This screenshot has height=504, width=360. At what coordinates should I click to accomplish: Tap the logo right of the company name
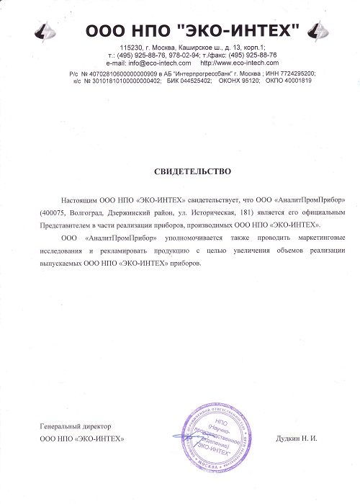click(314, 31)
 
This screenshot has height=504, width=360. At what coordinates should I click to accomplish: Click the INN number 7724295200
click(297, 73)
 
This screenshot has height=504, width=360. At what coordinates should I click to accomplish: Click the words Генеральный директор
click(76, 428)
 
